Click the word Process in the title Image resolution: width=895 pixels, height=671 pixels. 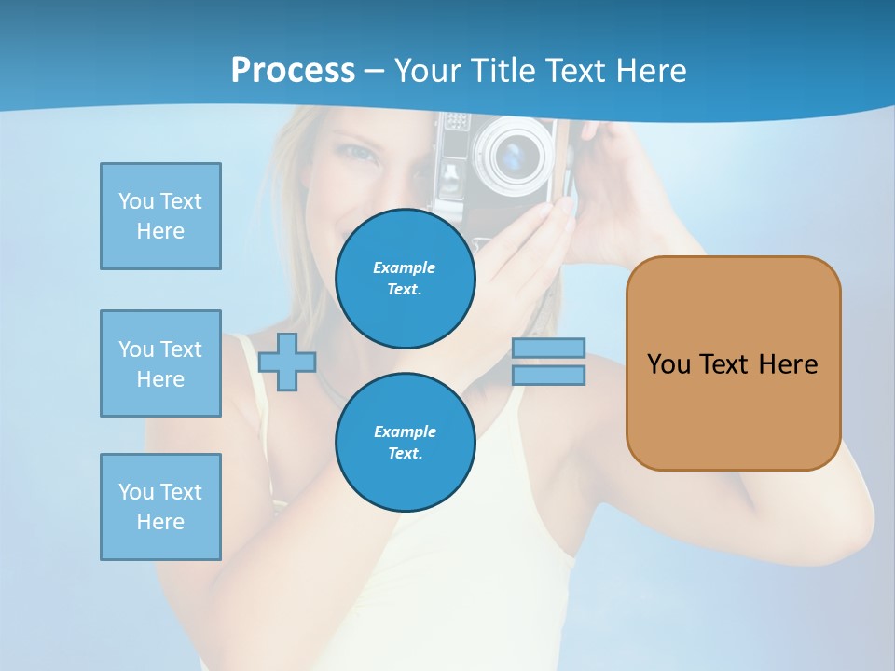(x=293, y=70)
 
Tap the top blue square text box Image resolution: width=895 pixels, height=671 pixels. (x=160, y=216)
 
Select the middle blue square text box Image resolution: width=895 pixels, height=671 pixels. (x=160, y=363)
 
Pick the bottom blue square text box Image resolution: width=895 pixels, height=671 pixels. (x=160, y=507)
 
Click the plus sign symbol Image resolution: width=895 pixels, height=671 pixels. (x=287, y=363)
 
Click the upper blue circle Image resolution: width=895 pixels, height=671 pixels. (x=406, y=279)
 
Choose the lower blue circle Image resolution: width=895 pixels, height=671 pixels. (x=406, y=443)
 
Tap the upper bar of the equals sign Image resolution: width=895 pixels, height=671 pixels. (x=548, y=349)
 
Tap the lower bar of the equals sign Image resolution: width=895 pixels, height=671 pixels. (x=548, y=376)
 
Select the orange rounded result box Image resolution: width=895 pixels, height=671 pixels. (x=733, y=363)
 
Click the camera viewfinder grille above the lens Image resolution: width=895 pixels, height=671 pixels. (x=455, y=122)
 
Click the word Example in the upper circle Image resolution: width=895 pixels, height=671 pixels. (x=405, y=267)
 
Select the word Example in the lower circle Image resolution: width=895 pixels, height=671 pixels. (x=405, y=431)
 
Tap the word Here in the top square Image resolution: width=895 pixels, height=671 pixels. (x=160, y=231)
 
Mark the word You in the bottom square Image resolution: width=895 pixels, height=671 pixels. (x=135, y=492)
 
